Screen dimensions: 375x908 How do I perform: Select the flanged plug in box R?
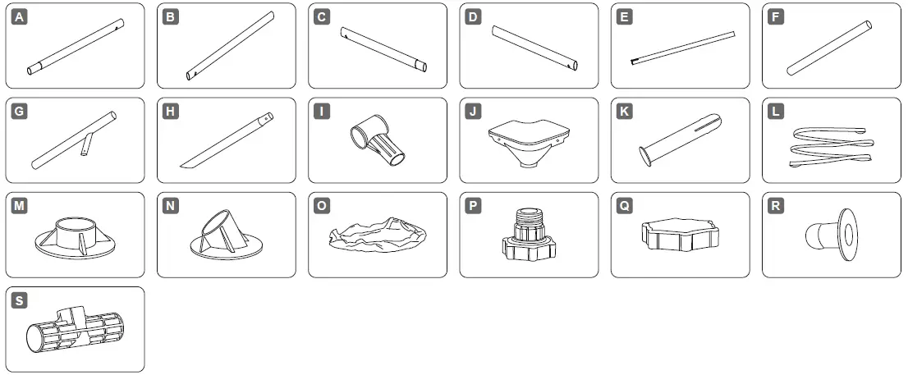[828, 235]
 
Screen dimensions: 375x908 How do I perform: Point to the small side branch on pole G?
[85, 146]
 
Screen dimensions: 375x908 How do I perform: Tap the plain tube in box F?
[829, 48]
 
